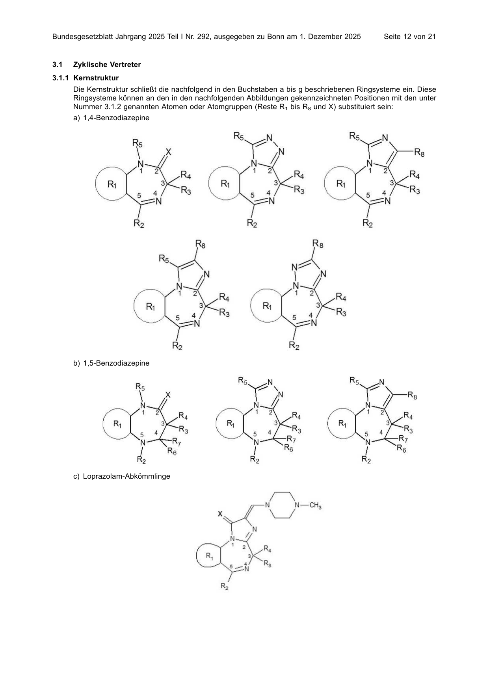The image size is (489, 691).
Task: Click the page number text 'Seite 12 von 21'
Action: coord(410,37)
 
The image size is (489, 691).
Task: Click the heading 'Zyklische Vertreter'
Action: coord(107,65)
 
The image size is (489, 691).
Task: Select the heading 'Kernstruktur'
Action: coord(96,78)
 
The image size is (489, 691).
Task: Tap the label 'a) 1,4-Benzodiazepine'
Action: coord(112,117)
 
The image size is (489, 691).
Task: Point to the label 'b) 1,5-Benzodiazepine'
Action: coord(112,363)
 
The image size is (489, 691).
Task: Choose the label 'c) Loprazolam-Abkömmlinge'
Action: coord(122,476)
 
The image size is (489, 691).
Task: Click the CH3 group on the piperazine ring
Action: coord(315,505)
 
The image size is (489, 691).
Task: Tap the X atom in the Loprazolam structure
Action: coord(221,514)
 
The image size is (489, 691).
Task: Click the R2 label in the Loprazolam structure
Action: coord(225,587)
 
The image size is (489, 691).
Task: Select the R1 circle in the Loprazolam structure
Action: coord(197,556)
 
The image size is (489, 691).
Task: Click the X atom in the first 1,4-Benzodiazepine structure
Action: coord(169,152)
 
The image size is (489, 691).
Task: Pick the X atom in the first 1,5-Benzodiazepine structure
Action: coord(168,395)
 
